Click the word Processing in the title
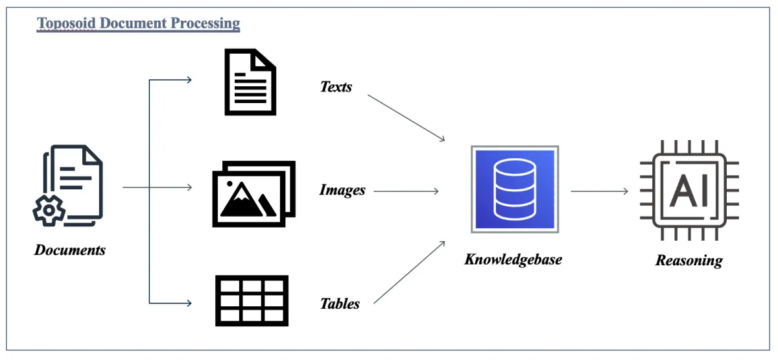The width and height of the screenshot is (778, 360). (x=205, y=24)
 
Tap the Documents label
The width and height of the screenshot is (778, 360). (x=70, y=250)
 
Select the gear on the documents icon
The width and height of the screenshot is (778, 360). (x=49, y=210)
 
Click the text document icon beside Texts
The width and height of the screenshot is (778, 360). (x=250, y=82)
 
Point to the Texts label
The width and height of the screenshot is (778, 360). (x=336, y=86)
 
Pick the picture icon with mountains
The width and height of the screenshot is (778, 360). (x=253, y=194)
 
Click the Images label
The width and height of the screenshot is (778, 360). (x=342, y=190)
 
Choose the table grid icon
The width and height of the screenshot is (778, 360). (x=252, y=300)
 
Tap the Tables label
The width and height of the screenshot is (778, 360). (x=340, y=303)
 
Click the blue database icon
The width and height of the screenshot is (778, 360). (x=515, y=189)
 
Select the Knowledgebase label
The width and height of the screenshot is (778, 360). (x=513, y=259)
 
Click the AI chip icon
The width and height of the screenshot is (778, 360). (x=689, y=191)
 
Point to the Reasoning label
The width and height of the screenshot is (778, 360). (x=689, y=261)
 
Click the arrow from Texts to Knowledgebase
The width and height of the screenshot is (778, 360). (x=407, y=117)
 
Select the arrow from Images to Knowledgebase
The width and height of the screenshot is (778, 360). (x=407, y=191)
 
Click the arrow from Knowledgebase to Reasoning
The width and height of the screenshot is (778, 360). (x=600, y=191)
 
